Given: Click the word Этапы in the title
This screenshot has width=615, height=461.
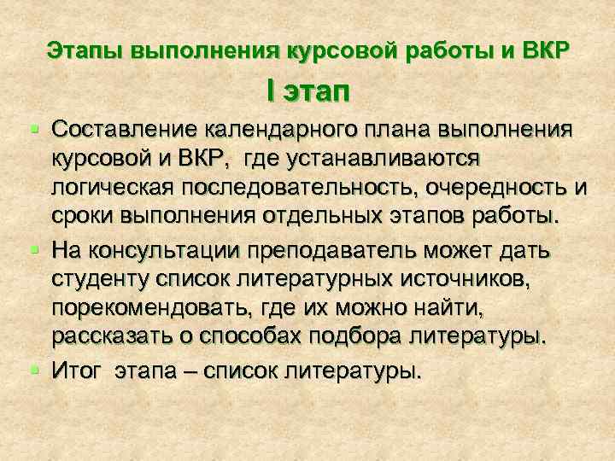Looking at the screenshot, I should [86, 49].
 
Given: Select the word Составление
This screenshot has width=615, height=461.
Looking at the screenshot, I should [126, 129].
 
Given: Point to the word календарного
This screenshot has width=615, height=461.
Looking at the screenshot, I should [281, 129].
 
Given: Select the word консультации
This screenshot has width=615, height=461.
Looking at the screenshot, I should [165, 250].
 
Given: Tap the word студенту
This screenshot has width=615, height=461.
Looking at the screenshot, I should [96, 278].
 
